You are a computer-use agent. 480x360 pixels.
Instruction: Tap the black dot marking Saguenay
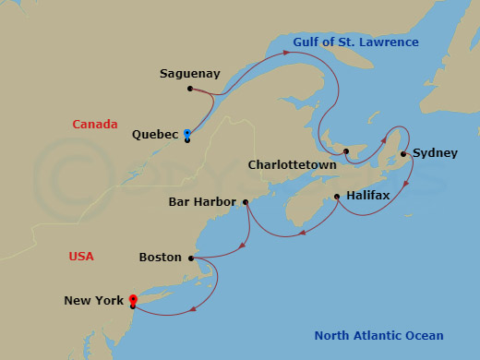click(x=189, y=89)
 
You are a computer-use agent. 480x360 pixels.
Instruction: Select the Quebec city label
click(x=155, y=134)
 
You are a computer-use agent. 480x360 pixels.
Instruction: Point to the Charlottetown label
click(x=292, y=165)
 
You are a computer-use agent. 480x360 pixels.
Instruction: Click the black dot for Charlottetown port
click(x=345, y=151)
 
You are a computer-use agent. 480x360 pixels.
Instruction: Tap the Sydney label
click(x=435, y=153)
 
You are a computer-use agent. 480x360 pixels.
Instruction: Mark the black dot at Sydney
click(x=403, y=154)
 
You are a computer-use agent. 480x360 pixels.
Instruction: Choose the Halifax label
click(x=368, y=196)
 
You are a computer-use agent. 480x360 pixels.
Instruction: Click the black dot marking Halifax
click(x=337, y=196)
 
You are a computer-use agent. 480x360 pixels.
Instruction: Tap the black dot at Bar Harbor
click(x=246, y=201)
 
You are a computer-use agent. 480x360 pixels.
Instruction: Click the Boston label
click(x=160, y=258)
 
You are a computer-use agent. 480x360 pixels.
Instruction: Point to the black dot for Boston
click(x=192, y=258)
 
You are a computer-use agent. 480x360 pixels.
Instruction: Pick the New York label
click(x=94, y=300)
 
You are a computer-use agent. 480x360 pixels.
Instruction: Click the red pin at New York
click(x=133, y=299)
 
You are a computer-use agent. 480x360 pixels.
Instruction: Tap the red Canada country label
click(x=95, y=125)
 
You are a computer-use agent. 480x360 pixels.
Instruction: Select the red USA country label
click(x=81, y=257)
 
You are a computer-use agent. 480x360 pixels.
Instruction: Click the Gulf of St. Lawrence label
click(x=355, y=42)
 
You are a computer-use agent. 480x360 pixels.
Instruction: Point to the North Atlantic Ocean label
click(x=378, y=336)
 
